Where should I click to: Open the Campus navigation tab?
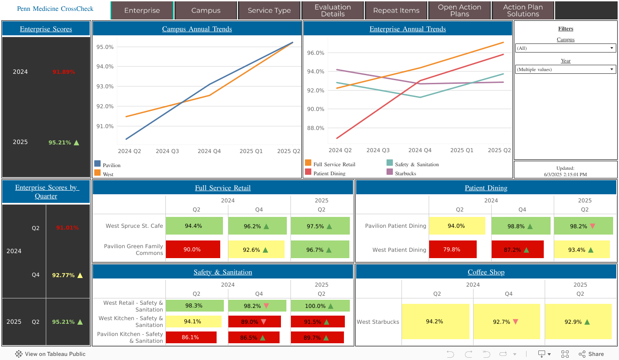(206, 10)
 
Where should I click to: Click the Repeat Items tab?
(396, 10)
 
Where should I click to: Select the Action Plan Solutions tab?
(523, 10)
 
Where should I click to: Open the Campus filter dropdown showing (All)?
(566, 48)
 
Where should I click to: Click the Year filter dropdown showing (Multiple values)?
(566, 69)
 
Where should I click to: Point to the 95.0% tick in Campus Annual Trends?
(105, 47)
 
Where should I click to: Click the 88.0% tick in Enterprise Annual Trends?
(315, 128)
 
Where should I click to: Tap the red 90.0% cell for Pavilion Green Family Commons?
(193, 250)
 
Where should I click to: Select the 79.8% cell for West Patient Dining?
(452, 250)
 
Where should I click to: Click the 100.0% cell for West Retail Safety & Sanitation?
(320, 306)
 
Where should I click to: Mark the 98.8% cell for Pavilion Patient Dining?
(521, 226)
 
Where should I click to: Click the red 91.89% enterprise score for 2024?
(64, 72)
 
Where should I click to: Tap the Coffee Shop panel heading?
(486, 272)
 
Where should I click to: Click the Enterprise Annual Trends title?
(407, 29)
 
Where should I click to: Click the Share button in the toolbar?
(592, 354)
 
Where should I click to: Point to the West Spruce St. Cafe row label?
(134, 226)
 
